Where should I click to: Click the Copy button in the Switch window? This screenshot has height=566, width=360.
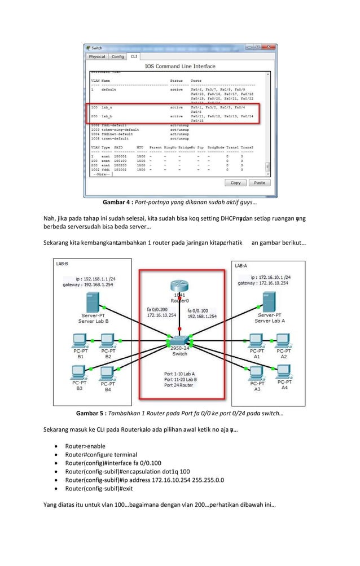[x=236, y=183]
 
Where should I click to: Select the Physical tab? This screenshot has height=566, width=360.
[x=97, y=56]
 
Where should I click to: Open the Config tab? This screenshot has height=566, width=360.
[x=117, y=56]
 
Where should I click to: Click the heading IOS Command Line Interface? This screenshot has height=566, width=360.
[x=180, y=66]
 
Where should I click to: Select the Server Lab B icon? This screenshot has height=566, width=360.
[x=95, y=302]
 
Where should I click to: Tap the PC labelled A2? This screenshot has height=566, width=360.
[x=284, y=340]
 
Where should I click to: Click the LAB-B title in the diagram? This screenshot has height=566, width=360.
[x=62, y=264]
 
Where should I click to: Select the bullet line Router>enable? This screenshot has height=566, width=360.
[x=85, y=446]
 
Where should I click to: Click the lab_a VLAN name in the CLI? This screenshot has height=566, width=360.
[x=107, y=107]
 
